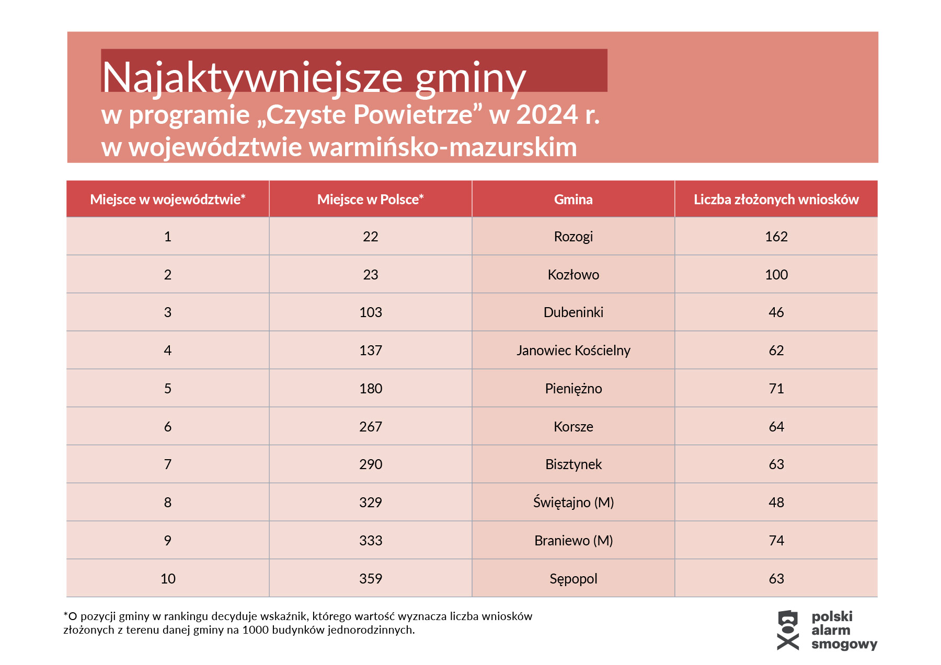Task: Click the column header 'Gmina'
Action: pyautogui.click(x=573, y=200)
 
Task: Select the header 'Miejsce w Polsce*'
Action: pyautogui.click(x=370, y=200)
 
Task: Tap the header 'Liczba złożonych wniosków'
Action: pyautogui.click(x=776, y=200)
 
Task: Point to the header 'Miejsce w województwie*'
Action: pyautogui.click(x=167, y=200)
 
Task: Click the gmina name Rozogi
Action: pyautogui.click(x=573, y=237)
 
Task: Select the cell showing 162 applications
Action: pyautogui.click(x=776, y=237)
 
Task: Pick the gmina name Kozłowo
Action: pyautogui.click(x=573, y=275)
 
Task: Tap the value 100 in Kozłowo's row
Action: pyautogui.click(x=776, y=275)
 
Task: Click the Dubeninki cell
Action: pyautogui.click(x=573, y=312)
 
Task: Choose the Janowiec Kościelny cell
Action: pyautogui.click(x=573, y=351)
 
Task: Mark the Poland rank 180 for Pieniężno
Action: pyautogui.click(x=370, y=389)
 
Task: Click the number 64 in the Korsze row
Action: pyautogui.click(x=776, y=427)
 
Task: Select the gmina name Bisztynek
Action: pyautogui.click(x=573, y=464)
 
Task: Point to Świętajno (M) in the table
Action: pyautogui.click(x=573, y=503)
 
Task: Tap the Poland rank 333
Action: pyautogui.click(x=370, y=541)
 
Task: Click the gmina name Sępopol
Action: pyautogui.click(x=573, y=579)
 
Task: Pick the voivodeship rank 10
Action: pyautogui.click(x=167, y=579)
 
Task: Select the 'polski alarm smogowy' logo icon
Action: pyautogui.click(x=788, y=630)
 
